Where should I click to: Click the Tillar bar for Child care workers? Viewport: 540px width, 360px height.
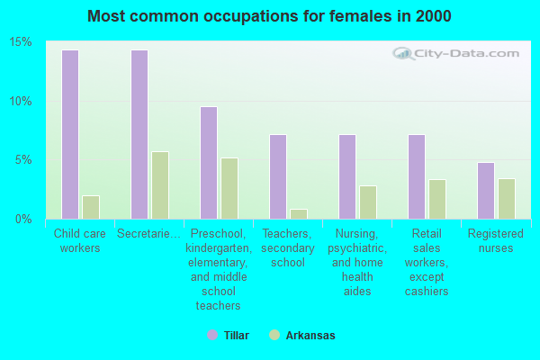(x=70, y=134)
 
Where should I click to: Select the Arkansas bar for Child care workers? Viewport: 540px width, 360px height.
(x=91, y=207)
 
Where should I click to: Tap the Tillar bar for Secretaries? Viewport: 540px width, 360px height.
(x=139, y=134)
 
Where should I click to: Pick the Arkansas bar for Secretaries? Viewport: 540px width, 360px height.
(x=160, y=185)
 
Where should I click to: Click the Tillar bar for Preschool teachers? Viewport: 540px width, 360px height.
(x=209, y=163)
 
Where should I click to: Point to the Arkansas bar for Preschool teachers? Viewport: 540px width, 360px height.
(x=229, y=188)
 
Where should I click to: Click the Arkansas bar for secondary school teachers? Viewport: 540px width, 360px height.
(x=299, y=214)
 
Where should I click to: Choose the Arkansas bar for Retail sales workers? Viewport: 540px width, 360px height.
(x=437, y=199)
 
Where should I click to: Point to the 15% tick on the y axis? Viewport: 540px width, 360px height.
(x=21, y=42)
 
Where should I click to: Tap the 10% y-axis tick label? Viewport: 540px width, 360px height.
(x=21, y=101)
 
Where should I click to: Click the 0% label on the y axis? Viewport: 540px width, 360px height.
(x=24, y=219)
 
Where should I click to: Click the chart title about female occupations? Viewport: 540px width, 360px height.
(x=270, y=17)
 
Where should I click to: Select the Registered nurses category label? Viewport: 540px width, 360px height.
(x=496, y=240)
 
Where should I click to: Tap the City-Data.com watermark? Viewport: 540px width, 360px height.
(x=453, y=56)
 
